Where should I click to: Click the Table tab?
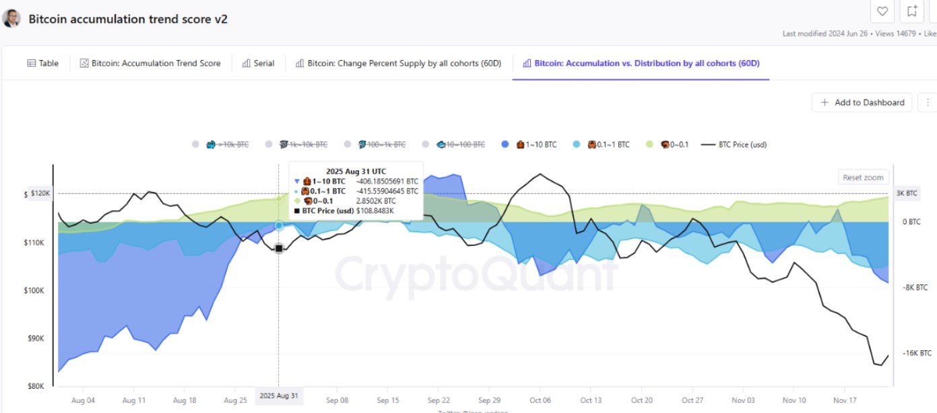(x=43, y=63)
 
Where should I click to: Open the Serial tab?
(x=258, y=63)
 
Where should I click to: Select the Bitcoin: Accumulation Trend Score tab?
(x=150, y=63)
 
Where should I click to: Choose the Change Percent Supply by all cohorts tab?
(x=399, y=63)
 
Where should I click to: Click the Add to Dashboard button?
(x=862, y=102)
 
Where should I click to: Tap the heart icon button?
(x=882, y=11)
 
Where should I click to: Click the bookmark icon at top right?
(x=912, y=11)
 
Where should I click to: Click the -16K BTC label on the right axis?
(x=917, y=353)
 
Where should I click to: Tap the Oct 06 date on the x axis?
(x=540, y=400)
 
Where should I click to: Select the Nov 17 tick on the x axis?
(x=845, y=400)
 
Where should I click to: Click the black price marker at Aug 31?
(x=279, y=249)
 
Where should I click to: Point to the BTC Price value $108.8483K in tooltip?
(x=375, y=211)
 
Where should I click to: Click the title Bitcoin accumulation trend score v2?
(x=128, y=19)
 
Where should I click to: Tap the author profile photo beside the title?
(x=11, y=18)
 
